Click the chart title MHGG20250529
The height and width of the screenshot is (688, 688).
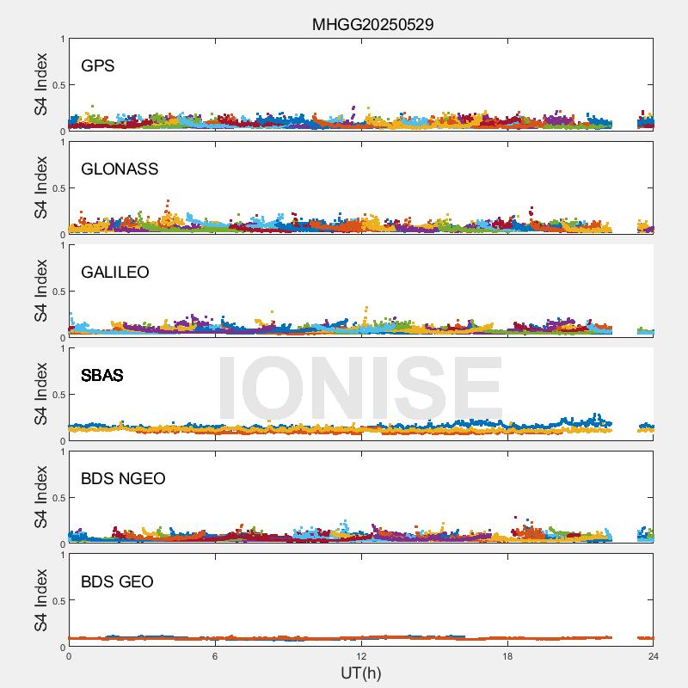[x=372, y=24]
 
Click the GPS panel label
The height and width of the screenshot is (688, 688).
[x=97, y=66]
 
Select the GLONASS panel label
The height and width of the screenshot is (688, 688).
[x=120, y=169]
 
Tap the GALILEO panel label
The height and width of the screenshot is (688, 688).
[x=114, y=273]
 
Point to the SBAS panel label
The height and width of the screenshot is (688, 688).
[x=101, y=376]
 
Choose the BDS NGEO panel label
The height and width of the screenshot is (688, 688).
[x=123, y=479]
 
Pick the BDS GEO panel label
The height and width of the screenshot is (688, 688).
[x=117, y=582]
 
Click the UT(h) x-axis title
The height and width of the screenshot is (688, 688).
[x=360, y=673]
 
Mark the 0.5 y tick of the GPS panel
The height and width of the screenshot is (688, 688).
[x=58, y=85]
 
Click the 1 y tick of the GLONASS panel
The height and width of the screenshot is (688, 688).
[x=62, y=143]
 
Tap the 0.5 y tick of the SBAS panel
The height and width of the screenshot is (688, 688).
[x=58, y=395]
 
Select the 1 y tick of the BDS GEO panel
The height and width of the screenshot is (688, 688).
[x=62, y=556]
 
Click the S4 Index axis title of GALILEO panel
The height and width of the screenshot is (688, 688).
[x=41, y=292]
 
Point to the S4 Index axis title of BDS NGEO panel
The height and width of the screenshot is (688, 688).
[x=41, y=498]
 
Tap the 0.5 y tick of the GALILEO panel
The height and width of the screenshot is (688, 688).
[x=58, y=292]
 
